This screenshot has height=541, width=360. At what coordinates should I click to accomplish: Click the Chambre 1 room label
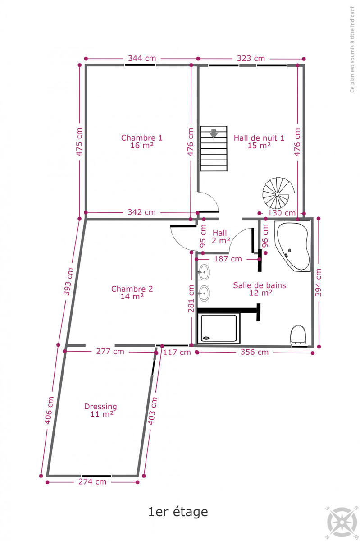click(142, 142)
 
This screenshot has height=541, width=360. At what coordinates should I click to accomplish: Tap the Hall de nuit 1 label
click(259, 142)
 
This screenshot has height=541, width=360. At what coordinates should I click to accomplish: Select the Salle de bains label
click(260, 289)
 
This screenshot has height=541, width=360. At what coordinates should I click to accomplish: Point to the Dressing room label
click(100, 410)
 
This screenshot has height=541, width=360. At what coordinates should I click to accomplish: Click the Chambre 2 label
click(132, 293)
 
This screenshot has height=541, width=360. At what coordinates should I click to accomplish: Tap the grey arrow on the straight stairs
click(214, 133)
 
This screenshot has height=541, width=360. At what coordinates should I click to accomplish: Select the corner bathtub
click(292, 246)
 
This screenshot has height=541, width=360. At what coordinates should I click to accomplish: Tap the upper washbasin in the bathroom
click(204, 272)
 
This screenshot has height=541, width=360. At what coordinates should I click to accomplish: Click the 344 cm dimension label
click(142, 59)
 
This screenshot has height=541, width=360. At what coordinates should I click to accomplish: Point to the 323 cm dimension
click(251, 59)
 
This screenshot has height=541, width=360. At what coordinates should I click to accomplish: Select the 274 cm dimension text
click(92, 481)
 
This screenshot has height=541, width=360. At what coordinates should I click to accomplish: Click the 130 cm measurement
click(282, 213)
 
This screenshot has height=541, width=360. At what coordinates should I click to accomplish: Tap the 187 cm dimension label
click(228, 259)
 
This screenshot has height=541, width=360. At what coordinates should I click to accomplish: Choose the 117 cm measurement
click(177, 353)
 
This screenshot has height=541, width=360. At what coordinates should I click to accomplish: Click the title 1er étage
click(178, 512)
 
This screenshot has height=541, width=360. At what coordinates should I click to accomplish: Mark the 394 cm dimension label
click(318, 283)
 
